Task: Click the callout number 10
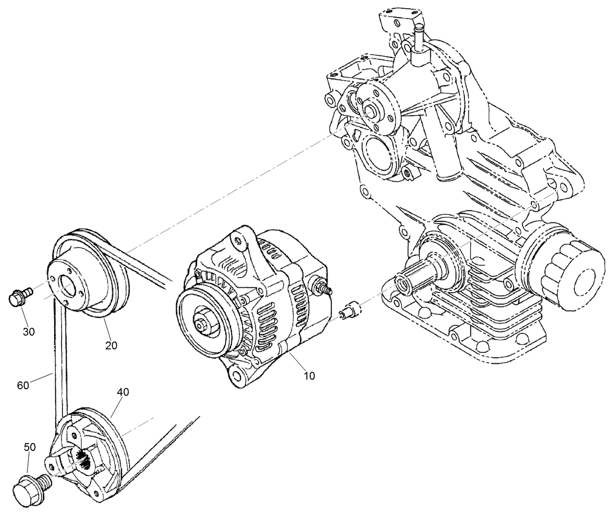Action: coord(309,376)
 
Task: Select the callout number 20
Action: coord(111,345)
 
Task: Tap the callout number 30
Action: coord(29,331)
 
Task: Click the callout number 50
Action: coord(30,447)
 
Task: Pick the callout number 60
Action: coord(23,385)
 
